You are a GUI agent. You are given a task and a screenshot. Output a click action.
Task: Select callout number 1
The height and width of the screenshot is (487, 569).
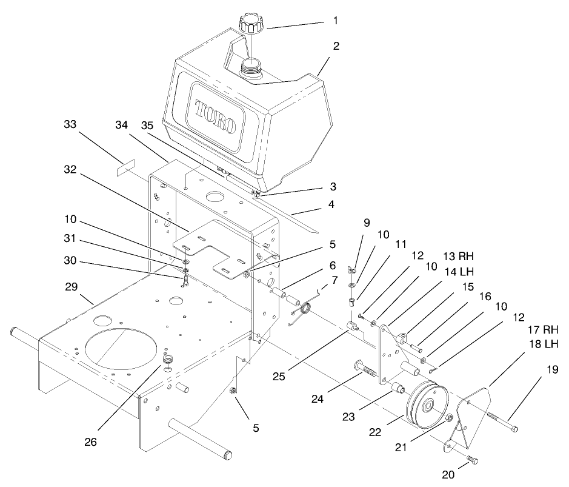click(335, 20)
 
